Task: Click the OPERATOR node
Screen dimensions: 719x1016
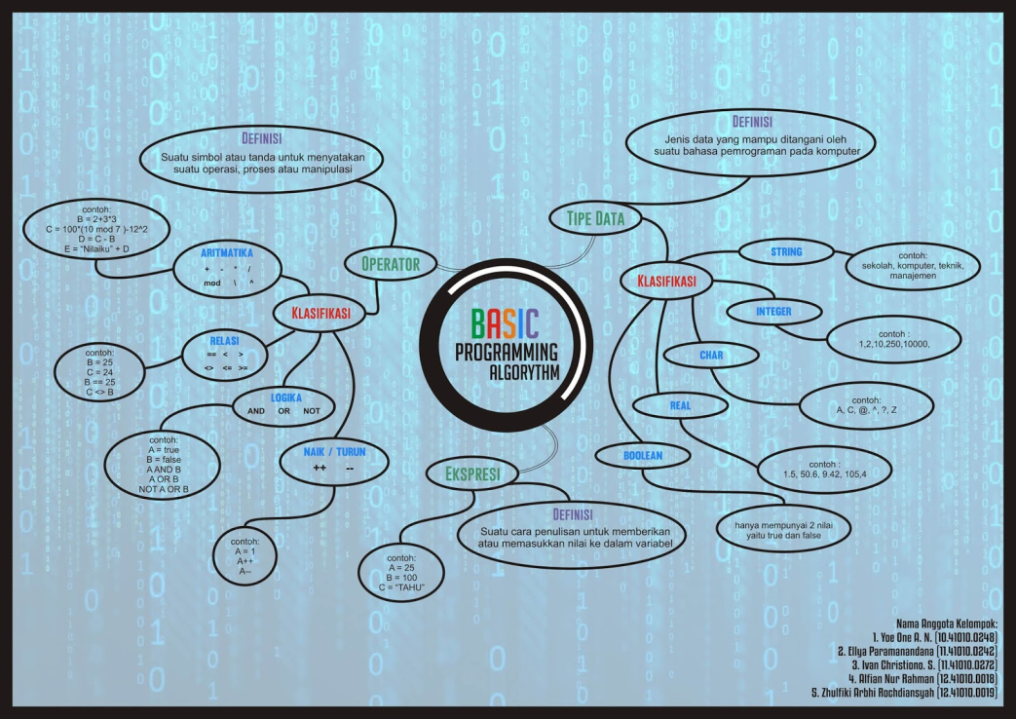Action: [x=390, y=264]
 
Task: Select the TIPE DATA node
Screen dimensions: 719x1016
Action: [x=595, y=218]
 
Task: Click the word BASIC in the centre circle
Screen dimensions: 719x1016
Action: [x=505, y=323]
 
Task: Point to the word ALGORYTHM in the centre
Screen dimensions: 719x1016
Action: [x=525, y=373]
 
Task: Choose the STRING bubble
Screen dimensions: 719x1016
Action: [x=786, y=252]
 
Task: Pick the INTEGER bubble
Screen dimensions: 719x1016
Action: [x=773, y=313]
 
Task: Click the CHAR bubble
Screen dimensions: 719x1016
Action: [x=711, y=356]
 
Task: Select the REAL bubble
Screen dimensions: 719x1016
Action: [x=679, y=405]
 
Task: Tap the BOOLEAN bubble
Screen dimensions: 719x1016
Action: [x=643, y=455]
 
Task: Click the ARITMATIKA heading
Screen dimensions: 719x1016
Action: [x=228, y=252]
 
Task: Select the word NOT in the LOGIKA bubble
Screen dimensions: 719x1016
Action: [x=312, y=410]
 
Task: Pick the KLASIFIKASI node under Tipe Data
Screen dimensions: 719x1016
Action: [x=666, y=283]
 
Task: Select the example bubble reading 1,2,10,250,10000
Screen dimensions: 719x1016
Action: [x=890, y=339]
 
